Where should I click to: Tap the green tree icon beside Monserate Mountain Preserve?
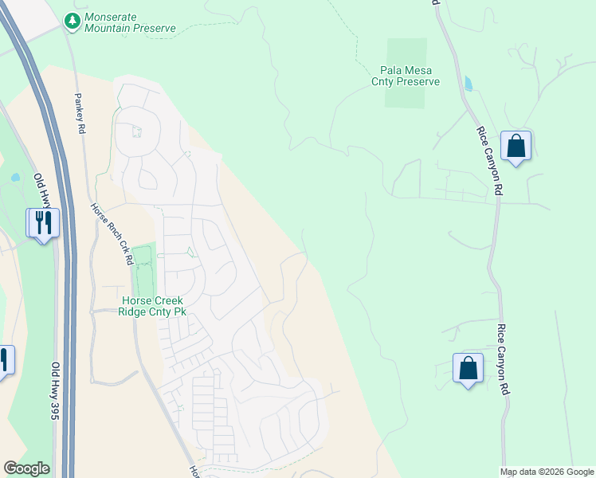coord(73,20)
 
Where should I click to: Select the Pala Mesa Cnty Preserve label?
coord(406,76)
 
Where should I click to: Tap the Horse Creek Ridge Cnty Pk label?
coord(153,307)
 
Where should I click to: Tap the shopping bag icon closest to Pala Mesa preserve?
coord(516,147)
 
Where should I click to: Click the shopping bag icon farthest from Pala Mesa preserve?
coord(468,368)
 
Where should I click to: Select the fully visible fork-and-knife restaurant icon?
coord(43,222)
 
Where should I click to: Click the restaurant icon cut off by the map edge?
coord(4,360)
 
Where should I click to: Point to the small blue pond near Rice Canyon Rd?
coord(467,84)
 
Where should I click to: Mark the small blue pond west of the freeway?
coord(16,177)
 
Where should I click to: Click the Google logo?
coord(26,468)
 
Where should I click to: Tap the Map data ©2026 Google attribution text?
coord(547,472)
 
